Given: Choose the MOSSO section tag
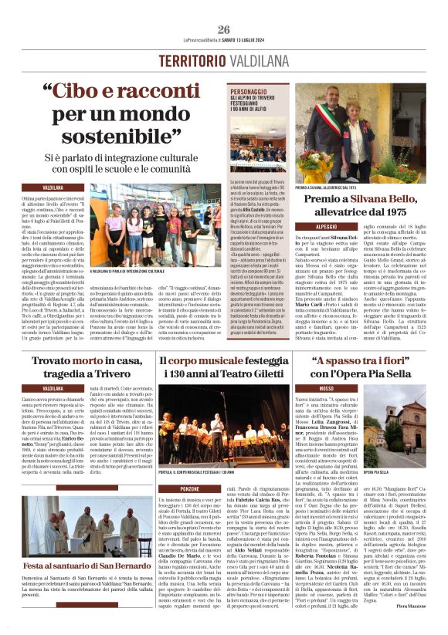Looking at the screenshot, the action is point(304,388).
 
